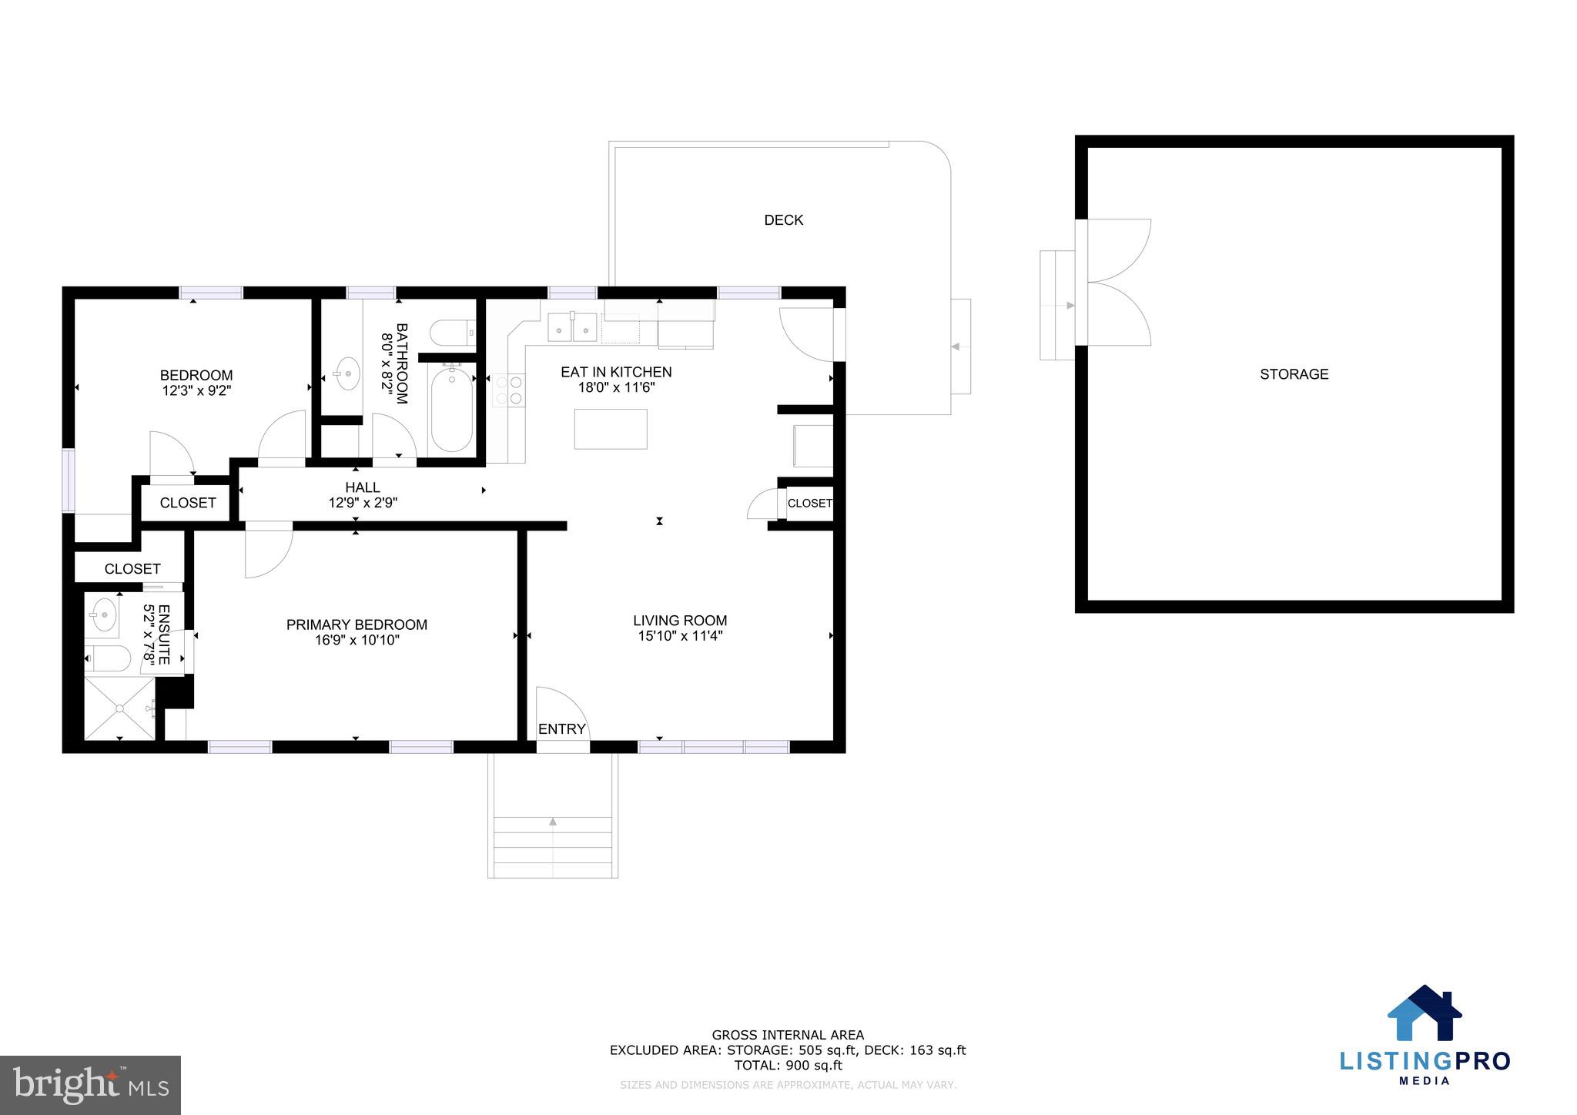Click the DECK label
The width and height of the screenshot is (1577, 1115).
[x=783, y=220]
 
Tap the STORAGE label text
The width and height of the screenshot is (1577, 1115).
[x=1294, y=374]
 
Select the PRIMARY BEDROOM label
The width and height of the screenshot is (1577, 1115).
[x=357, y=624]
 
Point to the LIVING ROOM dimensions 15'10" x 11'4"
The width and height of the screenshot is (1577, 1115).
[x=680, y=636]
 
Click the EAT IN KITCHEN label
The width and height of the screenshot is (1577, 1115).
[x=616, y=372]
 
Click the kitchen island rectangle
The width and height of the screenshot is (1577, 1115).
[x=611, y=429]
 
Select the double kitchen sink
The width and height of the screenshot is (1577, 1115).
[x=572, y=328]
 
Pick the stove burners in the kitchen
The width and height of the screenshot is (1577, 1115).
[x=508, y=390]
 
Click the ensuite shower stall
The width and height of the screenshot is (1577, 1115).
[x=119, y=708]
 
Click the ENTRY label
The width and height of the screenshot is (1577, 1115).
[x=561, y=729]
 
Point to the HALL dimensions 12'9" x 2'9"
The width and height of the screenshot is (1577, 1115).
[x=363, y=503]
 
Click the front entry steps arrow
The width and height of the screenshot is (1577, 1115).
[x=553, y=822]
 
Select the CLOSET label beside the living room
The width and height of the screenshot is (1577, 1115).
[x=809, y=503]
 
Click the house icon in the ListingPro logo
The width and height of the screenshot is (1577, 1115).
[x=1425, y=1013]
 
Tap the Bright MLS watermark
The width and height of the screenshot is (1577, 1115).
[x=91, y=1085]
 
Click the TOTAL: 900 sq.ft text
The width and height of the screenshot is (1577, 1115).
[x=788, y=1066]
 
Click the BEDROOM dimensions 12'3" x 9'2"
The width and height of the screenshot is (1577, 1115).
[x=196, y=390]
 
